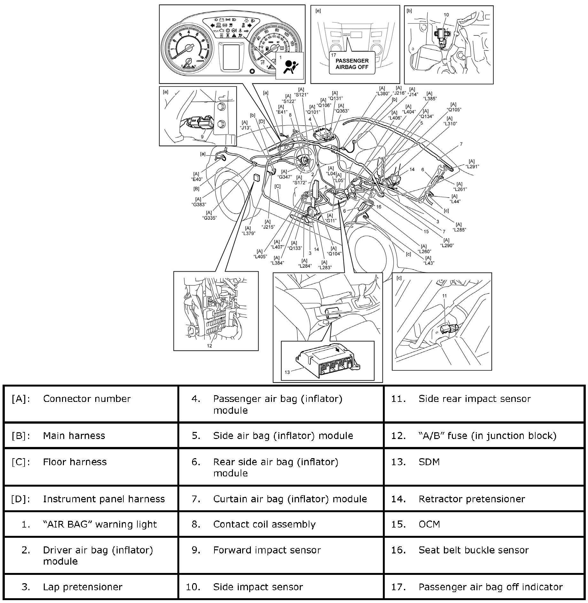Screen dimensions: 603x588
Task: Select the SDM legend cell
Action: pyautogui.click(x=429, y=462)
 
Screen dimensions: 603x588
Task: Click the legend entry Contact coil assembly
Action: pyautogui.click(x=264, y=524)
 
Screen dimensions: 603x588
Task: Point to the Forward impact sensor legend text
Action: pyautogui.click(x=267, y=550)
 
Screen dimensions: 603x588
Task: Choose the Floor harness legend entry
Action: pyautogui.click(x=75, y=462)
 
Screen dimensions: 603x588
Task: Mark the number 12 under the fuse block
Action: pyautogui.click(x=209, y=346)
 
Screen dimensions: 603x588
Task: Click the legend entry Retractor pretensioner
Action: pyautogui.click(x=471, y=499)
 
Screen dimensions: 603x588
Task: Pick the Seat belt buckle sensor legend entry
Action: pyautogui.click(x=473, y=550)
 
